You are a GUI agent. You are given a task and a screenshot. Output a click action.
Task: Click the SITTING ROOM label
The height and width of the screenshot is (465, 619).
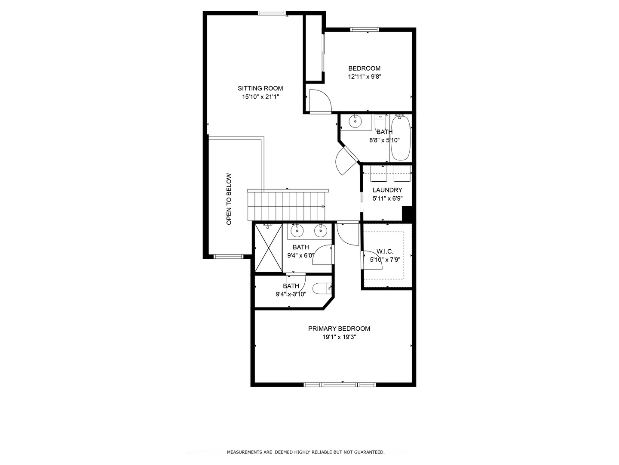coord(260,88)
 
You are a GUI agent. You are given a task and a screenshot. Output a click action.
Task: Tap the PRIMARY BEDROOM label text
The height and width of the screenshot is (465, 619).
coord(339,329)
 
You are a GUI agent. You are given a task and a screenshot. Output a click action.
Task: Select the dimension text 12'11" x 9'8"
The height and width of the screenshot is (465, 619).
coord(365,77)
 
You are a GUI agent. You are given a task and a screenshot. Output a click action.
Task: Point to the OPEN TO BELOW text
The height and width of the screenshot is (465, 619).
coord(229,199)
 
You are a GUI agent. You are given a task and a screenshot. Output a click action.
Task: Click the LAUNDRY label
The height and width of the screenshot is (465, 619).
coord(387,190)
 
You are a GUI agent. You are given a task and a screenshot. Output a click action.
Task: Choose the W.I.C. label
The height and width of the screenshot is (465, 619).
coord(385,251)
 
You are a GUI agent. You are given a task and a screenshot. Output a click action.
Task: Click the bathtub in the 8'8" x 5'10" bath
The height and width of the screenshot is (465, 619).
coord(401,138)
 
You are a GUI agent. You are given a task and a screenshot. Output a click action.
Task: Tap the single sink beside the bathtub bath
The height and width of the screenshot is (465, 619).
coord(355,122)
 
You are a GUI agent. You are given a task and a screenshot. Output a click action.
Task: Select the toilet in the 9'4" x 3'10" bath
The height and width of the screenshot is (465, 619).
coord(322,288)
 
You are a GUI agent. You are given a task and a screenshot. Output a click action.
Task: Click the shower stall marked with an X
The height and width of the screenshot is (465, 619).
coord(269,248)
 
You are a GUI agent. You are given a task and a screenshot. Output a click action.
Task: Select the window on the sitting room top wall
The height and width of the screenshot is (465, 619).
coord(272,13)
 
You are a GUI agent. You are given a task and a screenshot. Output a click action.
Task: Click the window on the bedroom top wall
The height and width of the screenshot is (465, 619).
coord(365,29)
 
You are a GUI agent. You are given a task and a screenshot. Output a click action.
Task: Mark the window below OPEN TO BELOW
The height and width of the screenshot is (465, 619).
coord(228,257)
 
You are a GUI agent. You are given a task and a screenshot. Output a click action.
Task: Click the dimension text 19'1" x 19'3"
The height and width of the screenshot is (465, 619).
coord(339,337)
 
